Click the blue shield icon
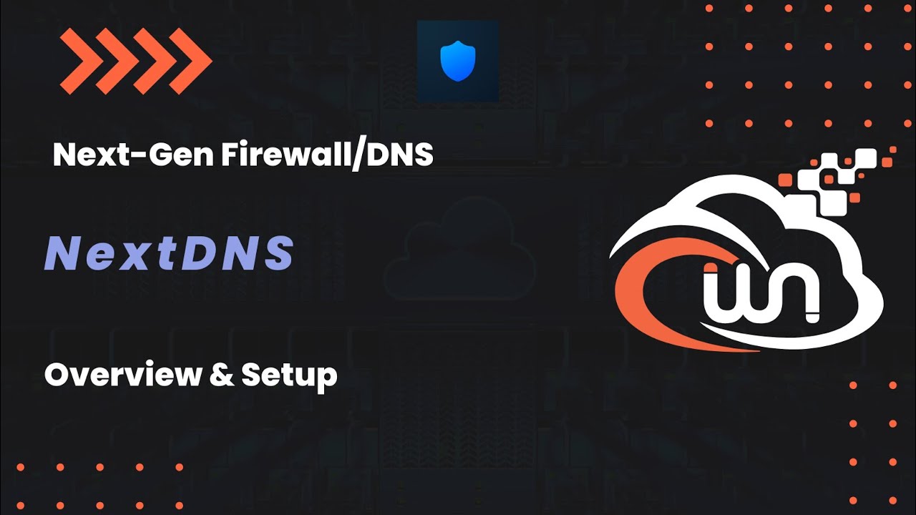coord(458,61)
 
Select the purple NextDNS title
coord(169,253)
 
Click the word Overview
coord(122,375)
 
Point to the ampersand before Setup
coord(220,375)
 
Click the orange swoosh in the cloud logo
coord(644,286)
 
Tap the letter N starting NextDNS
coord(62,253)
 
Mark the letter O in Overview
coord(58,375)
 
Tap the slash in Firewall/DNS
coord(355,155)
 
